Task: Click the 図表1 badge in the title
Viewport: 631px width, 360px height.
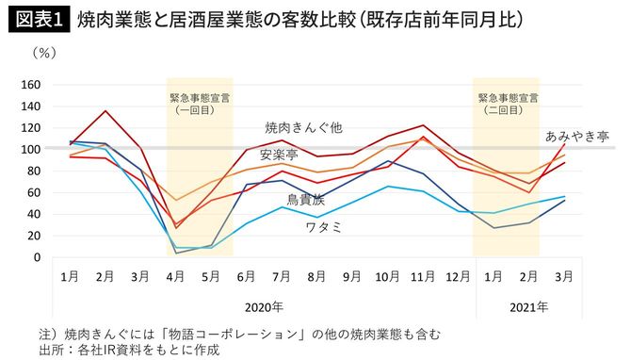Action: [39, 19]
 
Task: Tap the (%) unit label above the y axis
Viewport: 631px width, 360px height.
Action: [44, 54]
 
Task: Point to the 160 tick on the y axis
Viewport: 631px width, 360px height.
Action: [31, 85]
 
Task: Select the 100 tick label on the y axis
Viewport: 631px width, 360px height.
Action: [31, 150]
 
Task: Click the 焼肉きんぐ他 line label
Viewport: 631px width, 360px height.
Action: [303, 127]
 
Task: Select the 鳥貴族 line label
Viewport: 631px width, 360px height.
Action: [309, 200]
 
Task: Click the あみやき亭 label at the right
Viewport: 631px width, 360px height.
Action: [577, 136]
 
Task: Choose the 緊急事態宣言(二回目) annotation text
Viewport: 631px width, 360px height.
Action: [507, 103]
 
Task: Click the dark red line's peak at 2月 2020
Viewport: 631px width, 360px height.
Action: [105, 111]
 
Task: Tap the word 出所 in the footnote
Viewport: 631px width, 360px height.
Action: [48, 349]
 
